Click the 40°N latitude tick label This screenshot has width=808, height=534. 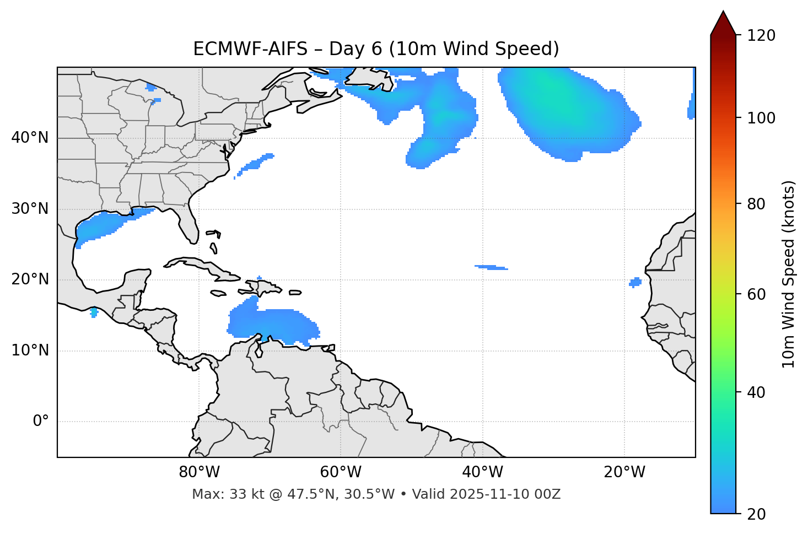(x=30, y=138)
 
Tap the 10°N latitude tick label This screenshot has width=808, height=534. (x=30, y=350)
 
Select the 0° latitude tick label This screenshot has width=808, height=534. (x=41, y=422)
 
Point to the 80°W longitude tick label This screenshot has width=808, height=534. (x=199, y=472)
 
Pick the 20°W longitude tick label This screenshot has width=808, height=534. (x=624, y=472)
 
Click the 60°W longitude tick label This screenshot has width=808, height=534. (x=341, y=472)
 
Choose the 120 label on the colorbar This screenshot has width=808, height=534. (x=761, y=36)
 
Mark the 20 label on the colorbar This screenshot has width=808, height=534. (x=757, y=514)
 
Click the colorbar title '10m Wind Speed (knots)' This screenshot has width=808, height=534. (x=789, y=274)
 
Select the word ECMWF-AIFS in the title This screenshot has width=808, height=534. (x=250, y=49)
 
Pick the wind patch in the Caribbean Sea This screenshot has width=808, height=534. (x=273, y=323)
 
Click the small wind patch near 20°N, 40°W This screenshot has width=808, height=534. (x=491, y=268)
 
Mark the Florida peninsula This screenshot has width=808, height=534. (x=187, y=223)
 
